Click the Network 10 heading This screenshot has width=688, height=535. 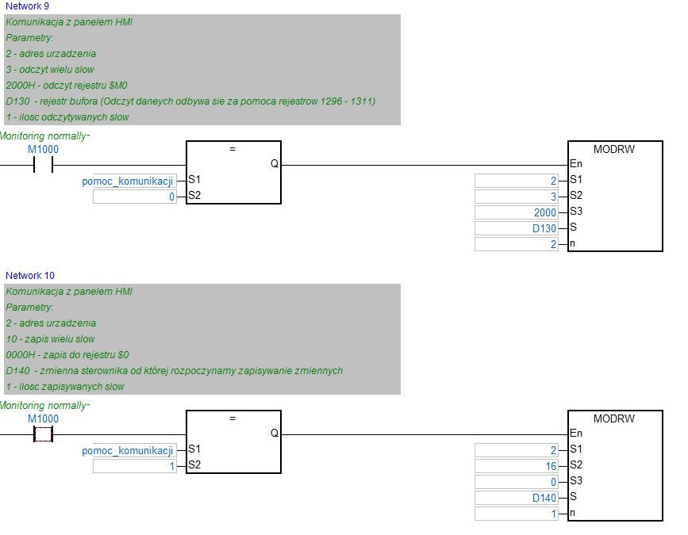(x=30, y=275)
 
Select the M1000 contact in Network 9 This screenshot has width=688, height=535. (x=43, y=165)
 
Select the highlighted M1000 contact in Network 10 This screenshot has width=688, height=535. (x=43, y=434)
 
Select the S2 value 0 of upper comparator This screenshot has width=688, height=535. (x=135, y=197)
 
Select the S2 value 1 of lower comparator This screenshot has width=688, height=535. (x=135, y=466)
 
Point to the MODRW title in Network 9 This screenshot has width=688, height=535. (x=614, y=148)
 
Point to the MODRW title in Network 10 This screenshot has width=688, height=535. (x=614, y=418)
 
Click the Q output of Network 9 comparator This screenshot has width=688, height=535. (x=275, y=164)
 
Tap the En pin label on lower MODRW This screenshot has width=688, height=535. (x=576, y=434)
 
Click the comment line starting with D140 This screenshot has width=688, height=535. (x=174, y=370)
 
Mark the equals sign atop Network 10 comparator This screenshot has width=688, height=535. (x=233, y=418)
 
